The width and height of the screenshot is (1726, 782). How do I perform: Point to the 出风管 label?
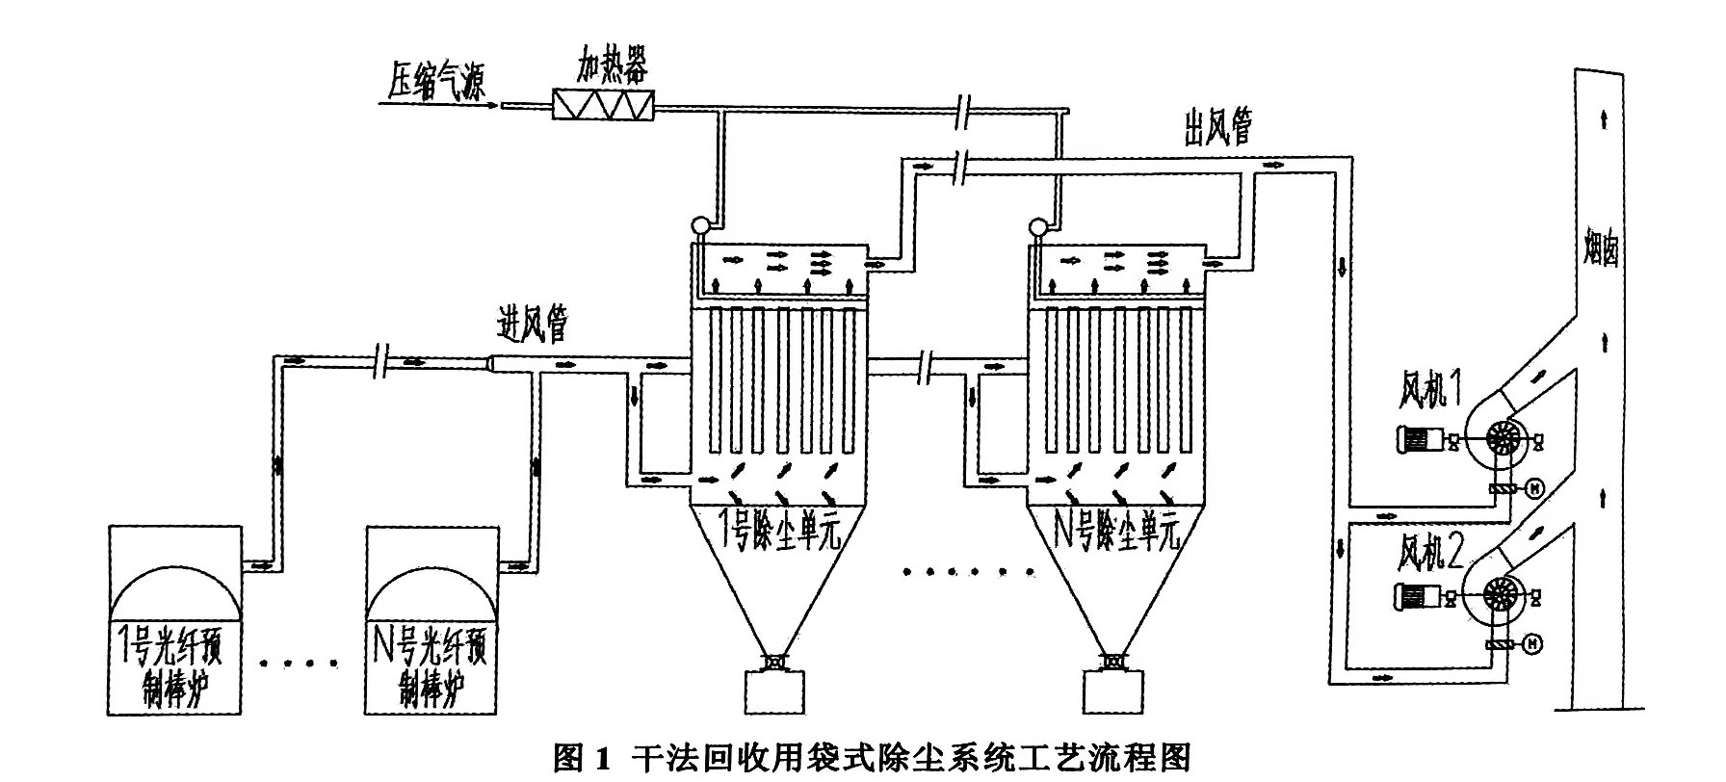click(x=1218, y=127)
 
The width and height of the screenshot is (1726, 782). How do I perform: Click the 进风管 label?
click(x=532, y=326)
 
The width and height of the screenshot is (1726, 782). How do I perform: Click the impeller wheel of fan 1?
click(x=1500, y=439)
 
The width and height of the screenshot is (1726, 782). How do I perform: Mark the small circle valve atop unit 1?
click(x=700, y=227)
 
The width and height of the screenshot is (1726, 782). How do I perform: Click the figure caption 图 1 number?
click(x=583, y=758)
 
